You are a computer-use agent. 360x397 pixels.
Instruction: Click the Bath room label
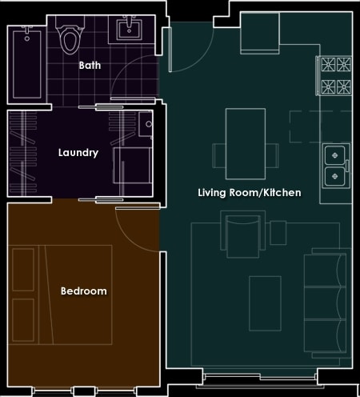[x=90, y=66]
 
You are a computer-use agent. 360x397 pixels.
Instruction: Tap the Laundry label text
[x=78, y=153]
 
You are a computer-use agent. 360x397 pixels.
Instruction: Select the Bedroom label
[x=84, y=291]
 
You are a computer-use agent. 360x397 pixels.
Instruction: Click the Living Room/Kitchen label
[x=250, y=192]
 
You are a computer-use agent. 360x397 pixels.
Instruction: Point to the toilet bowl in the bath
[x=70, y=41]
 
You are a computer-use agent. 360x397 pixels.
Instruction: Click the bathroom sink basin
[x=129, y=30]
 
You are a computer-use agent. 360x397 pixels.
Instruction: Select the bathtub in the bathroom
[x=27, y=64]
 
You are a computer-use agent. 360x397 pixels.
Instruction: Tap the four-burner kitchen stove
[x=335, y=76]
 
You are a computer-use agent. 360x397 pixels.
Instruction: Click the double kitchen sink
[x=335, y=166]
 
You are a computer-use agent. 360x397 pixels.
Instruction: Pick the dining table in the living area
[x=246, y=144]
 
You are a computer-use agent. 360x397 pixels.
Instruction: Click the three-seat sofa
[x=326, y=303]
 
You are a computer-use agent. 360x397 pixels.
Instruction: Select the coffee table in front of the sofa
[x=265, y=303]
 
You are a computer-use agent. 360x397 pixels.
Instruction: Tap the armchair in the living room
[x=242, y=235]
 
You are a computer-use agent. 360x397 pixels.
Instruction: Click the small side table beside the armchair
[x=278, y=233]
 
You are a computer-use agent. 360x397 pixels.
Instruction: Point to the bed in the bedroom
[x=60, y=295]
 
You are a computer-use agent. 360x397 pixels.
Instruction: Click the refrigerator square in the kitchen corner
[x=260, y=33]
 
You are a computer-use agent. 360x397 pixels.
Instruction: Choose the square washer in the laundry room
[x=133, y=166]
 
